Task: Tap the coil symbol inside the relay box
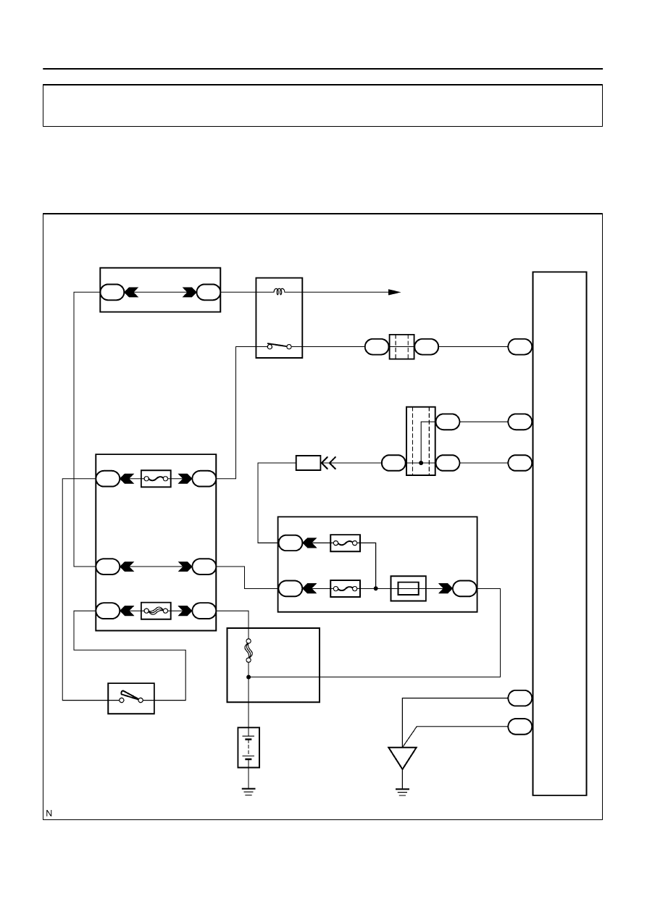click(x=280, y=292)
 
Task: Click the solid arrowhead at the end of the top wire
click(x=394, y=292)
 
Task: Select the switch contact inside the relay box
click(x=280, y=346)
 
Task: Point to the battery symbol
click(x=249, y=748)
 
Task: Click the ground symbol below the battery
click(x=249, y=792)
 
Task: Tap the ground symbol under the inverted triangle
click(x=402, y=792)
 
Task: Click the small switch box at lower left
click(x=131, y=698)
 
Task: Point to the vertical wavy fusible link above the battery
click(x=249, y=651)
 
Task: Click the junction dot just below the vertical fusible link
click(x=249, y=677)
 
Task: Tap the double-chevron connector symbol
click(x=329, y=463)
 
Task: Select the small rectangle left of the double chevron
click(x=308, y=463)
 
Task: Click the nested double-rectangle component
click(x=408, y=588)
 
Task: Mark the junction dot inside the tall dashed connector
click(x=421, y=463)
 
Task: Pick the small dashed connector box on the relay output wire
click(x=401, y=347)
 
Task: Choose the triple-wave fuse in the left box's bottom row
click(x=156, y=611)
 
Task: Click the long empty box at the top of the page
click(x=322, y=105)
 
